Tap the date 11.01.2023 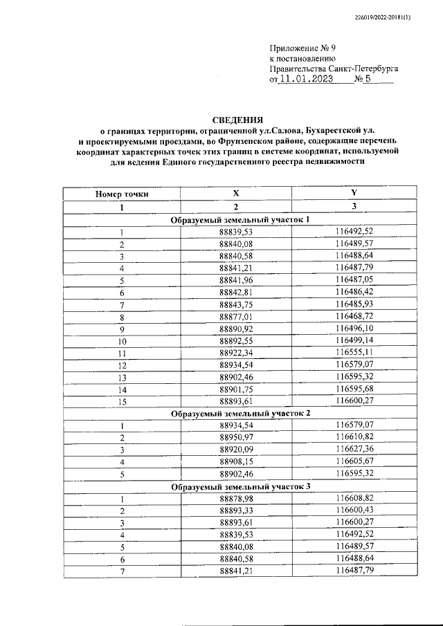[x=305, y=80]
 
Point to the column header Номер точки [x=122, y=194]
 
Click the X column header [x=236, y=194]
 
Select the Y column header [x=354, y=194]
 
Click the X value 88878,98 [x=236, y=499]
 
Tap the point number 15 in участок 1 [x=122, y=401]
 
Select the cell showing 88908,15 [x=236, y=462]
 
